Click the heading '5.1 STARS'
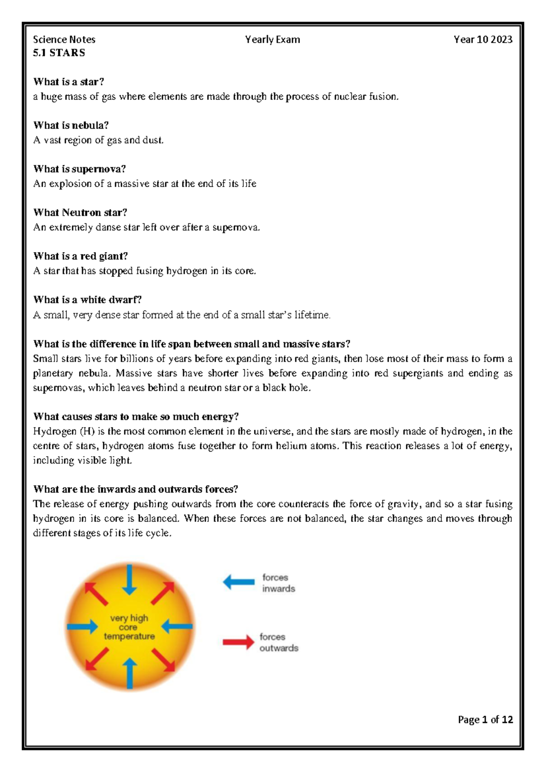point(59,53)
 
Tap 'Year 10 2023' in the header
point(483,40)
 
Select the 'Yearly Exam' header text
point(273,40)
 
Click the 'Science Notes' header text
point(64,40)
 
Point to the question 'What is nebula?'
point(71,125)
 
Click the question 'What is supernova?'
point(79,169)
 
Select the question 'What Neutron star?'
point(80,213)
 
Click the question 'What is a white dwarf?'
point(87,300)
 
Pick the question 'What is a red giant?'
point(81,256)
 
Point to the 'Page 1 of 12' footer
point(485,720)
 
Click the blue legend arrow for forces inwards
point(239,582)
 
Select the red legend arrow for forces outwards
point(238,642)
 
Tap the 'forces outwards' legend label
point(278,642)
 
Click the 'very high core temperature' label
point(129,627)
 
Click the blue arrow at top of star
point(130,579)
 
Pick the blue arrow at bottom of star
point(130,674)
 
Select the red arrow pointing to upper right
point(163,593)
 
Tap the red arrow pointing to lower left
point(96,660)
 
